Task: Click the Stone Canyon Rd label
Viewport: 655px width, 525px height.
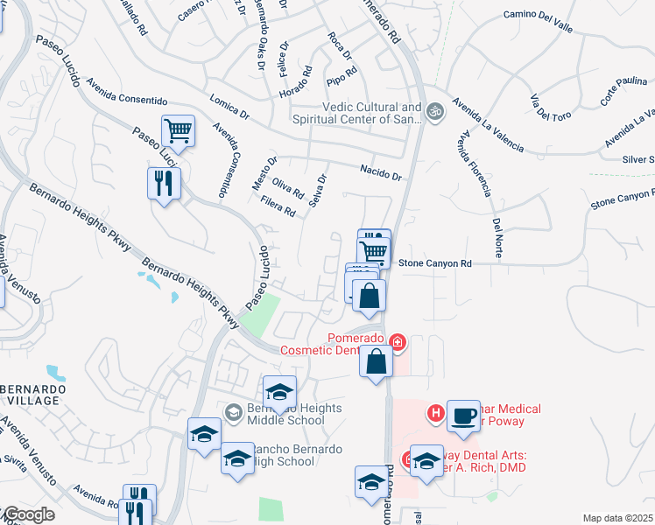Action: pyautogui.click(x=435, y=262)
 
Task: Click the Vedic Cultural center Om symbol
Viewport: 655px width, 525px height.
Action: pyautogui.click(x=434, y=112)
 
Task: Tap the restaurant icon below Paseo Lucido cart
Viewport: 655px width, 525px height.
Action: pyautogui.click(x=164, y=183)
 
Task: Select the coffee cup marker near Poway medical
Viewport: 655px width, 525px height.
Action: pyautogui.click(x=463, y=414)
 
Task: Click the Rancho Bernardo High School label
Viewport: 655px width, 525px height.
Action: pyautogui.click(x=282, y=455)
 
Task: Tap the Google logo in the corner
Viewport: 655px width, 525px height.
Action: pyautogui.click(x=28, y=514)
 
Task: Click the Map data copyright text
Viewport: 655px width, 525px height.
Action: pyautogui.click(x=618, y=518)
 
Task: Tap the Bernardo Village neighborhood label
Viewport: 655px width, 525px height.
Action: pyautogui.click(x=30, y=393)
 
